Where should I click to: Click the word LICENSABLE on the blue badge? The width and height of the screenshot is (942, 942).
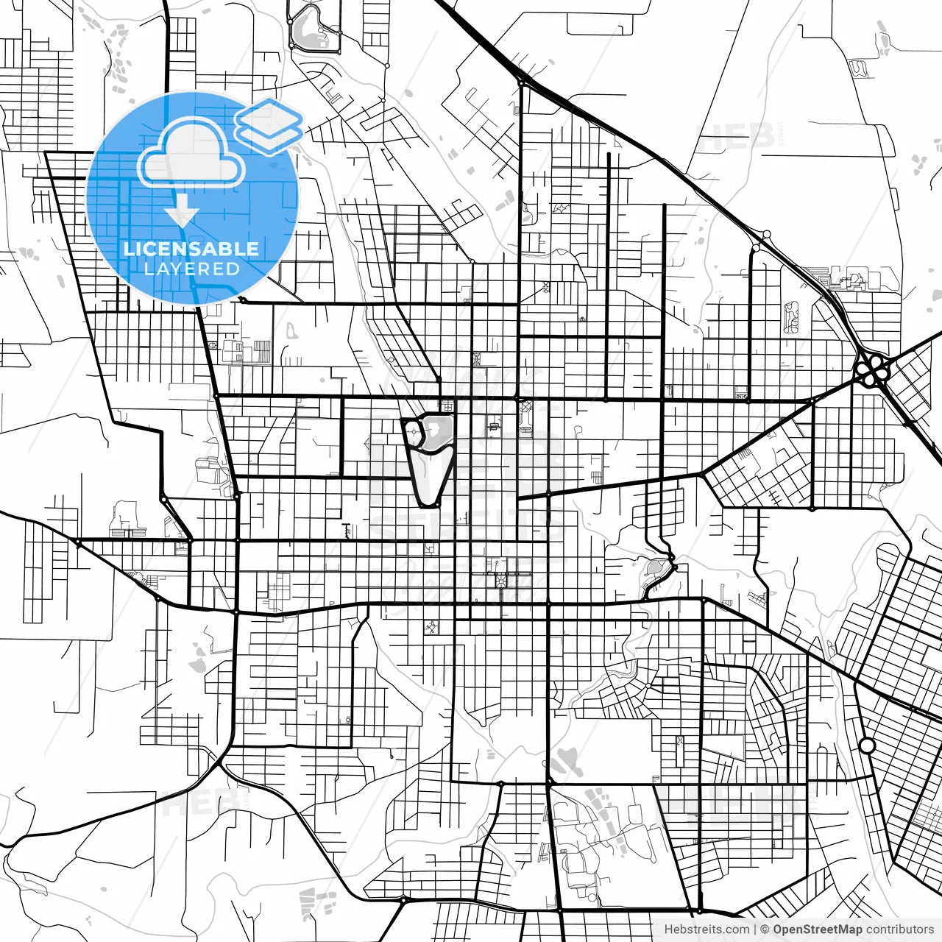(x=191, y=249)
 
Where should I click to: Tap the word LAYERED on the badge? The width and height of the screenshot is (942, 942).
(x=191, y=269)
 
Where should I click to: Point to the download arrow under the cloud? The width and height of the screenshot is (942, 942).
(x=181, y=214)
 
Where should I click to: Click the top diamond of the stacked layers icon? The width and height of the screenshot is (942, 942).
(x=269, y=116)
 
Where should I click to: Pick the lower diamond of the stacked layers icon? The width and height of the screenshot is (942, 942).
(x=269, y=136)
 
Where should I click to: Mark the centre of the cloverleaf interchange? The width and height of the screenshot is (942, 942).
(x=873, y=368)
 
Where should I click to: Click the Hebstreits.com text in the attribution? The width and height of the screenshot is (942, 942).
(x=706, y=929)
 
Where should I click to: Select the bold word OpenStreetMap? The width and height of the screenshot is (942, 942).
(x=817, y=929)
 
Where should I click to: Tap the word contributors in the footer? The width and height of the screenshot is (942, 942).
(x=899, y=929)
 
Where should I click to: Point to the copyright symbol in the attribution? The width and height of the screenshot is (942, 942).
(x=765, y=929)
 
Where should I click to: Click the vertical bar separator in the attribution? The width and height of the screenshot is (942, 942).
(x=755, y=929)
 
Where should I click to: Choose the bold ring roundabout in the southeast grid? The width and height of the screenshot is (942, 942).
(x=867, y=746)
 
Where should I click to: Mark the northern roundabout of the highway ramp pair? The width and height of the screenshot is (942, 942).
(x=766, y=235)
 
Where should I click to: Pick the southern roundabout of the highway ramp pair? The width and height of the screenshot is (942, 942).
(x=756, y=248)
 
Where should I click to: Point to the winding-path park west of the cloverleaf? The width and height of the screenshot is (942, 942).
(x=791, y=317)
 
